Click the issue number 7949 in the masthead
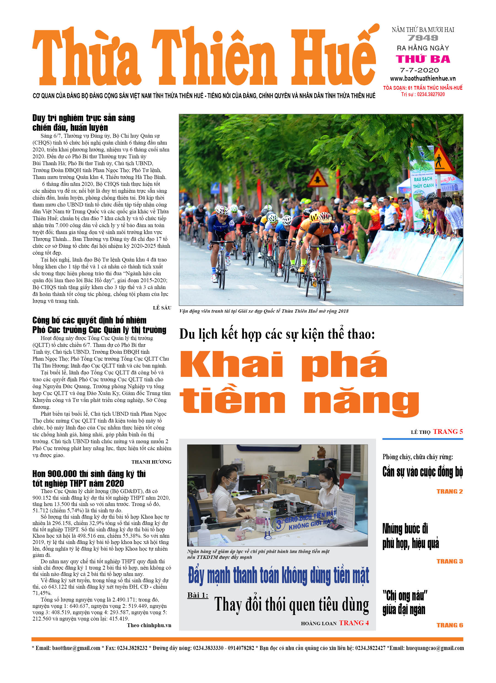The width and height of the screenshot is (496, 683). [x=423, y=38]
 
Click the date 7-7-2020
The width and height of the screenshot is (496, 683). [x=419, y=70]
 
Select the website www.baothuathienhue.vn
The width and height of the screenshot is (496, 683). [x=423, y=79]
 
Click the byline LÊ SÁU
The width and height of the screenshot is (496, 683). [x=162, y=308]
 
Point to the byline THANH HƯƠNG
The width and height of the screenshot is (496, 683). [x=151, y=462]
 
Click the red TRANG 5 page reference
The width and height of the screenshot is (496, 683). [x=448, y=432]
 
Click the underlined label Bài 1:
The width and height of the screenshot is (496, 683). [x=198, y=595]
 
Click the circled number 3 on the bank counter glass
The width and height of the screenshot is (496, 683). [x=279, y=524]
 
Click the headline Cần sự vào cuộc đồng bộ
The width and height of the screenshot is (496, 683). [x=423, y=472]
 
